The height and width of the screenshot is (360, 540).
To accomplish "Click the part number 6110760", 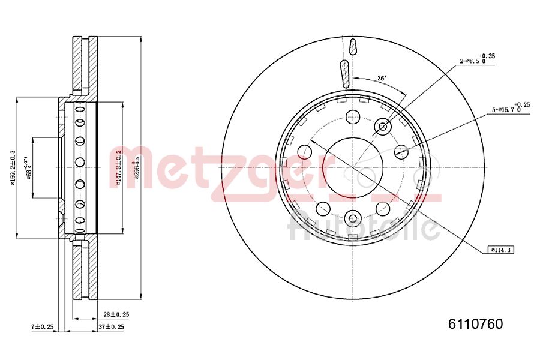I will [475, 324].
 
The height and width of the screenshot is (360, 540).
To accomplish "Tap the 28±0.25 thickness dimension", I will [116, 314].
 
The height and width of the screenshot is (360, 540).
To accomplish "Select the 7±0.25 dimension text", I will [42, 326].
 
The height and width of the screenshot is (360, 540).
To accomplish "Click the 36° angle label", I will [382, 78].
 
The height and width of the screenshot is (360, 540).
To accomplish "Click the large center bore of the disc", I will [353, 163].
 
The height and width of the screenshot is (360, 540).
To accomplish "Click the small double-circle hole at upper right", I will [382, 127].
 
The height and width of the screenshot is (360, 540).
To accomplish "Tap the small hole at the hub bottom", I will [353, 218].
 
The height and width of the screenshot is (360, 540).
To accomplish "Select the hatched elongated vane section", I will [344, 73].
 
